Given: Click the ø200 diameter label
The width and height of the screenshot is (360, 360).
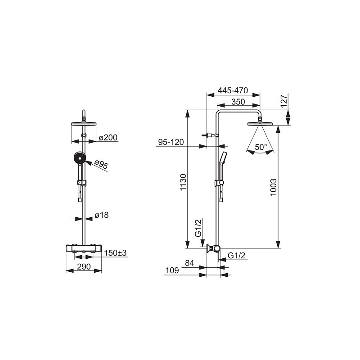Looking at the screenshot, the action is pos(108,138).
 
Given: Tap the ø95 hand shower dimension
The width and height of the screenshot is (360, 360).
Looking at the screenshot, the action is pos(101,164).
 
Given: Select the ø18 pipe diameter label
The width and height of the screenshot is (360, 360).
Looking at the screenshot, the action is pos(102,215).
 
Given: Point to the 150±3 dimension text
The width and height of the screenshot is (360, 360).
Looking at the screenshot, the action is pos(115,253).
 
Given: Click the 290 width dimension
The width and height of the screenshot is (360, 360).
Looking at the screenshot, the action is pos(84,266).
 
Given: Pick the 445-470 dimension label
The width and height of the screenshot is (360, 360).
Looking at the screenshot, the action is pos(233,90).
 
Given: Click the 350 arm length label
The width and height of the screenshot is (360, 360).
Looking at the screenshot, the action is pos(238,102).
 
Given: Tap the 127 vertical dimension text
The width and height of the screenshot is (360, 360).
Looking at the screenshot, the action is pos(284,101).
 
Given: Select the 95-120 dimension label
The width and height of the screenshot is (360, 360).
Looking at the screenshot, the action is pos(171,142).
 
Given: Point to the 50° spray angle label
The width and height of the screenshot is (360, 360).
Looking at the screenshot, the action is pos(261,147).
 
